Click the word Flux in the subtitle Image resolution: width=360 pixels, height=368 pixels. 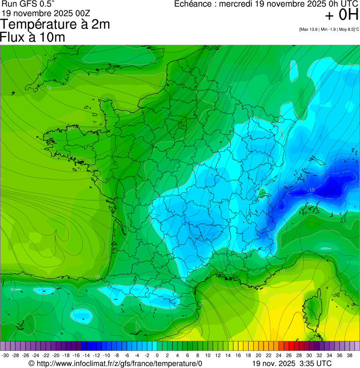[12, 37]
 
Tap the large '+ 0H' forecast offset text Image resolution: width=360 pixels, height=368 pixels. [341, 15]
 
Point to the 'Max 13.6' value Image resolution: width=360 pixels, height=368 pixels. [309, 29]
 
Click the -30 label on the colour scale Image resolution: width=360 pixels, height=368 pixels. [5, 355]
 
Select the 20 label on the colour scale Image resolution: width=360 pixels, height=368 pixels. [258, 355]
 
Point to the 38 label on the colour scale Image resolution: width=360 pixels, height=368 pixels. [350, 355]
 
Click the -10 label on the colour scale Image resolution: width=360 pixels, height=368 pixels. [106, 355]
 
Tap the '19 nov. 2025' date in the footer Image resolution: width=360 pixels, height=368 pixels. [272, 363]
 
